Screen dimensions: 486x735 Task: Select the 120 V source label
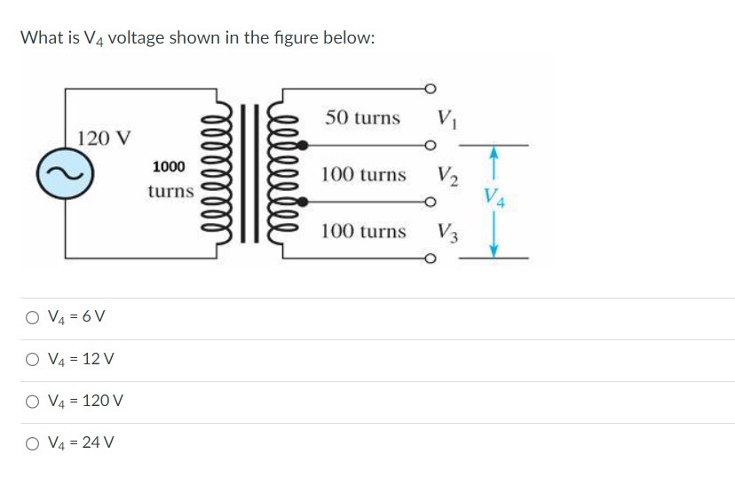(x=104, y=138)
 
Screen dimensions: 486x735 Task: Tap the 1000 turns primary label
(x=170, y=179)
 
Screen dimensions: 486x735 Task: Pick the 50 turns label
(x=362, y=117)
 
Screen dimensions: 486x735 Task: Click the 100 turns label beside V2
(x=363, y=174)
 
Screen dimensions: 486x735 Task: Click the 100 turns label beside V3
(x=363, y=231)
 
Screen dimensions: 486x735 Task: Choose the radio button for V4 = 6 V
(x=32, y=317)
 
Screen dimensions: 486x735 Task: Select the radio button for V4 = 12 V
(x=32, y=359)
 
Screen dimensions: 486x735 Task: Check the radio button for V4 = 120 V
(x=32, y=401)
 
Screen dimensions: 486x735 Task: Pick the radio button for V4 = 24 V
(x=32, y=442)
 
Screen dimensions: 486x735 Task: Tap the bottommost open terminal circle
(x=432, y=259)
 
